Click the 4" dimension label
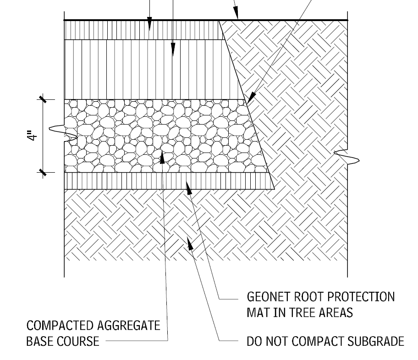click(x=31, y=136)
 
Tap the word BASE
click(x=40, y=341)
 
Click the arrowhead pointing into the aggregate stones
click(x=162, y=157)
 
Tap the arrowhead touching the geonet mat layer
click(x=188, y=185)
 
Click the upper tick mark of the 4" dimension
click(x=43, y=99)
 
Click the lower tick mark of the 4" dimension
click(x=43, y=173)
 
